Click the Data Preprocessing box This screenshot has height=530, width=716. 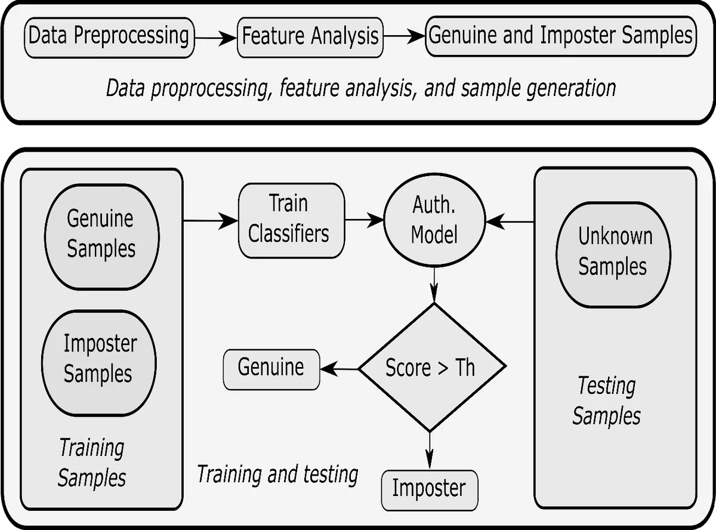click(109, 36)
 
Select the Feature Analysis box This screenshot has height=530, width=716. click(310, 36)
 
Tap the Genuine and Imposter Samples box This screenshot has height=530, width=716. click(560, 35)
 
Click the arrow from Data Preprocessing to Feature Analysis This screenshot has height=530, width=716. click(215, 38)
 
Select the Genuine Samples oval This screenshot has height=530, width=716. click(101, 234)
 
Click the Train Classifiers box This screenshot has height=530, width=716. click(291, 220)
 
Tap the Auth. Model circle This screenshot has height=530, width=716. click(434, 220)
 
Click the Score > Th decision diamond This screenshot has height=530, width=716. click(430, 367)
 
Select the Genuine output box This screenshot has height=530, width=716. click(271, 368)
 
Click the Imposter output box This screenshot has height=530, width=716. click(429, 489)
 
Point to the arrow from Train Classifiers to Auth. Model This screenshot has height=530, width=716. click(365, 220)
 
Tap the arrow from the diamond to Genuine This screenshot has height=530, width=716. click(339, 369)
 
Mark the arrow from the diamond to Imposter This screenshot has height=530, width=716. click(430, 451)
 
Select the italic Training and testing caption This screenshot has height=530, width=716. click(277, 474)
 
